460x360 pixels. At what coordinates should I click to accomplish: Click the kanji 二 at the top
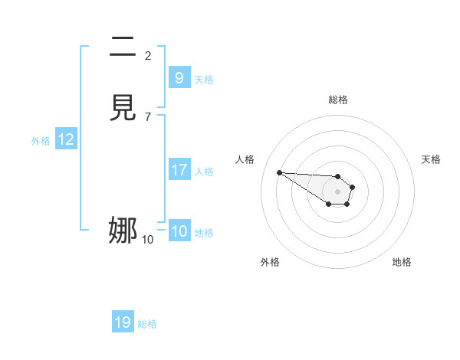(x=123, y=47)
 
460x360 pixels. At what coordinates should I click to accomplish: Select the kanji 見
(x=123, y=106)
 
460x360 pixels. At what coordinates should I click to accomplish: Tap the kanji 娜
(x=123, y=229)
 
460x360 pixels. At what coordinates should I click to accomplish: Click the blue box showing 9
(x=179, y=77)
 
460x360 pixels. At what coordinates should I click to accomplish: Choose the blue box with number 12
(x=66, y=139)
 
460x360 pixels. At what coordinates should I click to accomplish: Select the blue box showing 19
(x=123, y=322)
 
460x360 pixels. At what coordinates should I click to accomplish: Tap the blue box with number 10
(x=179, y=231)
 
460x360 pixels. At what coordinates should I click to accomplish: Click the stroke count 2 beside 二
(x=148, y=55)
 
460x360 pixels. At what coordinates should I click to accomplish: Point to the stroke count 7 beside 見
(x=148, y=116)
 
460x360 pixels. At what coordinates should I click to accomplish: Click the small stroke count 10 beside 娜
(x=148, y=240)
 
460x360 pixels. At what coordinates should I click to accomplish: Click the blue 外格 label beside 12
(x=41, y=141)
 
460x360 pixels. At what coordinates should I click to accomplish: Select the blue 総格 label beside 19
(x=147, y=325)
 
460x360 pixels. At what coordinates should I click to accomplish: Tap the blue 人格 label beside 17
(x=205, y=172)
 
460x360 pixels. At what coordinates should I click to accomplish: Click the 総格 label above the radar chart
(x=337, y=100)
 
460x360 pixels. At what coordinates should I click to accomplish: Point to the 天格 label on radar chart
(x=431, y=159)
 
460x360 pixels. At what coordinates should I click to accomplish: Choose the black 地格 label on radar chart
(x=402, y=262)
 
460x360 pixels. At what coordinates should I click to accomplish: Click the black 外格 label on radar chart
(x=270, y=262)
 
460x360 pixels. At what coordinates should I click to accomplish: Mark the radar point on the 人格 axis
(x=279, y=172)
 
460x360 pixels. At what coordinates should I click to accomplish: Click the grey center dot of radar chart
(x=337, y=191)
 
